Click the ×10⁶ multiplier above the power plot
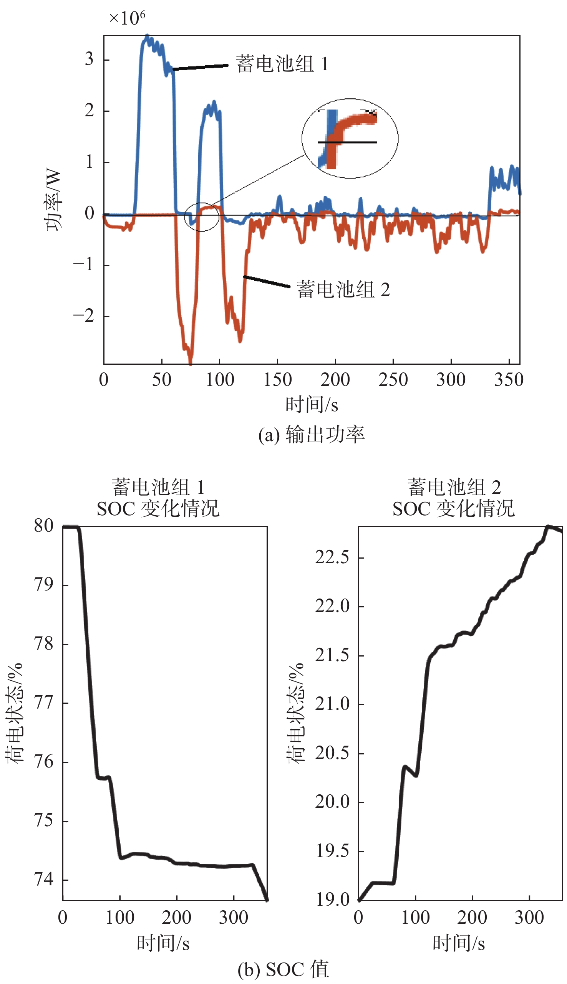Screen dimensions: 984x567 pyautogui.click(x=127, y=18)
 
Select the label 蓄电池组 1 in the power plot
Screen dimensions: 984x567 pyautogui.click(x=282, y=64)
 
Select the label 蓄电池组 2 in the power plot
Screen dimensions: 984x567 pyautogui.click(x=343, y=289)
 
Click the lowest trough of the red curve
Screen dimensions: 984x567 pyautogui.click(x=191, y=363)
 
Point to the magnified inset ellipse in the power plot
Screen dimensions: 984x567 pyautogui.click(x=350, y=139)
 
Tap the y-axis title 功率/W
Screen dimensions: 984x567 pyautogui.click(x=53, y=200)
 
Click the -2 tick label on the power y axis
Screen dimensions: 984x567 pyautogui.click(x=84, y=316)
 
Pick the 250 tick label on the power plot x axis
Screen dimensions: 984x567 pyautogui.click(x=393, y=380)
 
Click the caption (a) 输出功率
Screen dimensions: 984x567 pyautogui.click(x=312, y=435)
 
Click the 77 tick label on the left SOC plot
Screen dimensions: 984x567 pyautogui.click(x=44, y=703)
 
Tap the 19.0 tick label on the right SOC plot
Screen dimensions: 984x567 pyautogui.click(x=332, y=900)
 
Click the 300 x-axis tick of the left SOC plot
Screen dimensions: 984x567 pyautogui.click(x=233, y=918)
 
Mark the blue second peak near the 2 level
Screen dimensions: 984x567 pyautogui.click(x=214, y=104)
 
